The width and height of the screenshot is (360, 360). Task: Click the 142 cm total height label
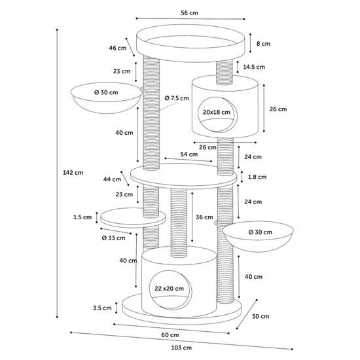[73, 173]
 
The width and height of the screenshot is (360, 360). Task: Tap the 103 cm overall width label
[181, 348]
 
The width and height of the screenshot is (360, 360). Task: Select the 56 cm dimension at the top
[189, 13]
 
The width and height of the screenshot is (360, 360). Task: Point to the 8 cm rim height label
[263, 44]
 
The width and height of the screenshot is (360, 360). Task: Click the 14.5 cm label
[254, 67]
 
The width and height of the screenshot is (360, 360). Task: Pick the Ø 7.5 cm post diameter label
[177, 98]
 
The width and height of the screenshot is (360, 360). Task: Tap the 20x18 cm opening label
[216, 113]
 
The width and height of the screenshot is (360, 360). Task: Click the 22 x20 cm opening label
[170, 289]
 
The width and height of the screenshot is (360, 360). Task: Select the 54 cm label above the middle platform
[189, 154]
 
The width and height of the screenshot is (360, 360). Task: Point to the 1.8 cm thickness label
[257, 177]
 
